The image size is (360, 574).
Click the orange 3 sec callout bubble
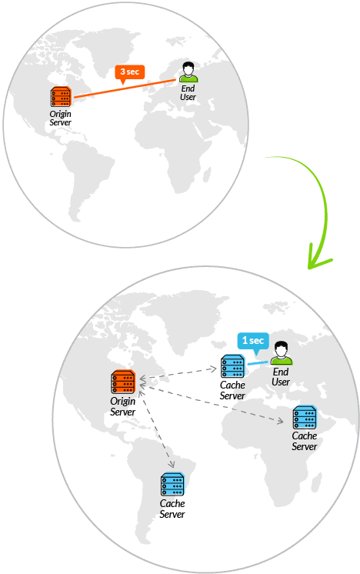tap(130, 73)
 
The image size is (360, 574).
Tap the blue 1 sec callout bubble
tap(253, 342)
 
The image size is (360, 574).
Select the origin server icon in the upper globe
tap(61, 97)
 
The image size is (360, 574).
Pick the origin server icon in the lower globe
tap(123, 382)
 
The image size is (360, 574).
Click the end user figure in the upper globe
tap(188, 72)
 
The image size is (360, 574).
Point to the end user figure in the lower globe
tap(282, 353)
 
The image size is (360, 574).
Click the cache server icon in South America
tap(172, 484)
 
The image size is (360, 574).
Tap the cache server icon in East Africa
tap(305, 417)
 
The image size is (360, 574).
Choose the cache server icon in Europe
tap(232, 366)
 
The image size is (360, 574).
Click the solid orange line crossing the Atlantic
tap(125, 88)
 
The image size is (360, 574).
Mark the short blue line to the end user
tap(258, 363)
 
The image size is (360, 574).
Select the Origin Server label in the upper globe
tap(60, 118)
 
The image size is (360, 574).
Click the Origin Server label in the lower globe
tap(123, 407)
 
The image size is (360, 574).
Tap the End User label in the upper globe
tap(188, 92)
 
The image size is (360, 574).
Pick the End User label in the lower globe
tap(281, 377)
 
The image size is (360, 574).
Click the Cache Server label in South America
tap(172, 509)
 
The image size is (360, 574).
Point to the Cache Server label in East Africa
tap(305, 441)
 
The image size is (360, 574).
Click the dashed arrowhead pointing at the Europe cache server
tap(214, 369)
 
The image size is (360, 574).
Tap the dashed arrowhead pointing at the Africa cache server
tap(280, 422)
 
